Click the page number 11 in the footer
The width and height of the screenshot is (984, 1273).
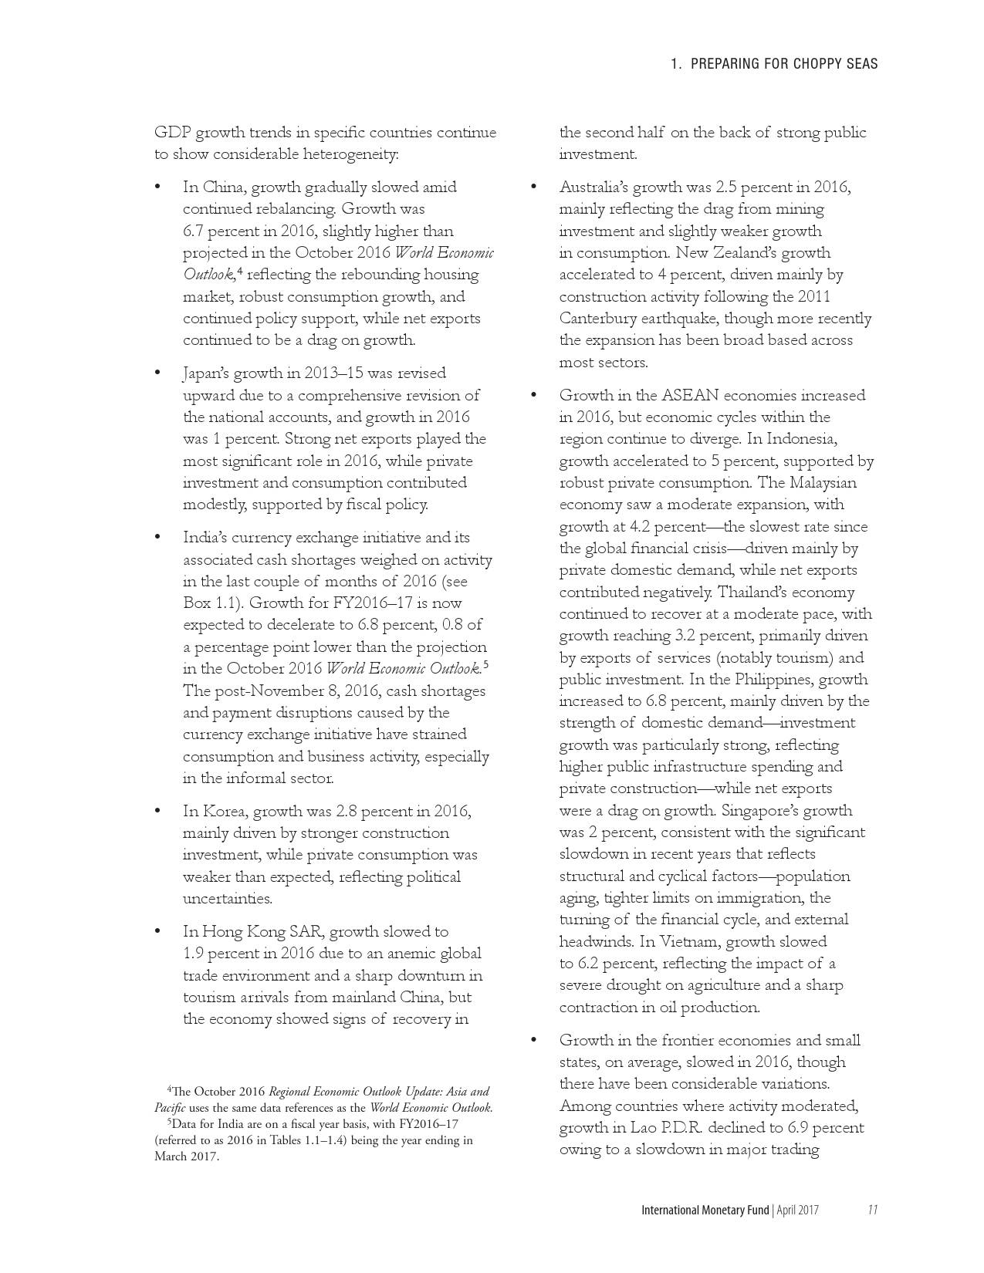(x=872, y=1210)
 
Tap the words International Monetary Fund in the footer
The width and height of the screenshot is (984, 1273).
(x=705, y=1210)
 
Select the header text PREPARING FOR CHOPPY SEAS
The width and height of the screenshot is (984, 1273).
(x=784, y=64)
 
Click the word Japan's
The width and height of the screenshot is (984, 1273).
(x=206, y=373)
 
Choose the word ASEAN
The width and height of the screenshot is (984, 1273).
(x=692, y=396)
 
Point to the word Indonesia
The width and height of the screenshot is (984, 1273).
(x=802, y=439)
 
